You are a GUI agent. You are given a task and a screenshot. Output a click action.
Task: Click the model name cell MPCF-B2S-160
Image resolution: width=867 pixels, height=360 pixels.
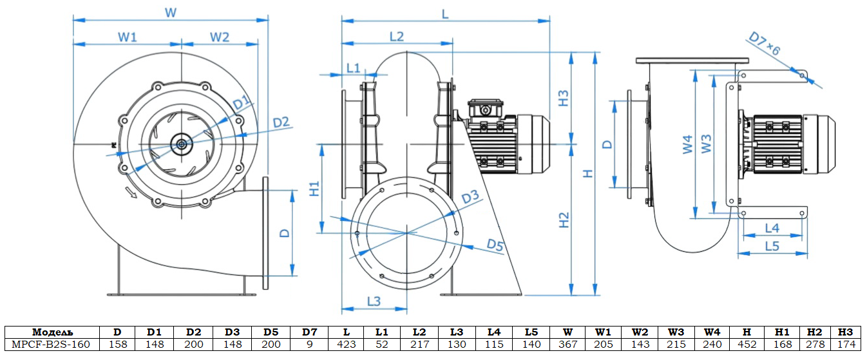[x=51, y=345]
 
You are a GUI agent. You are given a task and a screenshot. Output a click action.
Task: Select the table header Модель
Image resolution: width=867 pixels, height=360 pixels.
[x=51, y=332]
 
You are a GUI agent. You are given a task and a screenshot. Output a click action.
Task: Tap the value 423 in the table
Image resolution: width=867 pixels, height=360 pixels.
[x=347, y=345]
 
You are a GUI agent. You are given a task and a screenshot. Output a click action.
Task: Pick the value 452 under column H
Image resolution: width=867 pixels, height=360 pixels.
[x=747, y=345]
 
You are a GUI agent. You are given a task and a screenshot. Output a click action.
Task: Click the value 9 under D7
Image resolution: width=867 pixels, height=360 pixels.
[x=310, y=345]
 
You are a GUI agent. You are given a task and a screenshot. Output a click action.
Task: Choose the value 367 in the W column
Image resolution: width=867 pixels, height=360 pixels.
[x=567, y=345]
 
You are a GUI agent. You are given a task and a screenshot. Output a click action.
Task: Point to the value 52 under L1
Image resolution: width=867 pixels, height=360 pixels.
[x=382, y=345]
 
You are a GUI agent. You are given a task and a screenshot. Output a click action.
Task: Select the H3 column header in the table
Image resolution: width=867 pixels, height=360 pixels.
[x=846, y=332]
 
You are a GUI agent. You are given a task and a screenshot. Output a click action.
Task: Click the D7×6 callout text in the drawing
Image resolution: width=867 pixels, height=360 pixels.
[x=765, y=43]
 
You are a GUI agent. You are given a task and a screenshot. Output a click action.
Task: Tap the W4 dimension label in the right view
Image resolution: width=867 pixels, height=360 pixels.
[x=688, y=144]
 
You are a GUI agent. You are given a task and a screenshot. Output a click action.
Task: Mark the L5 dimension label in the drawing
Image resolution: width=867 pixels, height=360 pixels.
[x=772, y=246]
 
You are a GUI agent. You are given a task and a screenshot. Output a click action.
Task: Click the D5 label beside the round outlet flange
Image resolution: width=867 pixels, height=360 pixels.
[x=495, y=245]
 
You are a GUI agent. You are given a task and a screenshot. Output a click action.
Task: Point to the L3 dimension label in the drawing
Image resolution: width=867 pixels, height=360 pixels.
[x=374, y=301]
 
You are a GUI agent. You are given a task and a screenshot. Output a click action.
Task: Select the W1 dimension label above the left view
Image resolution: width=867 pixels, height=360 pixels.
[x=128, y=37]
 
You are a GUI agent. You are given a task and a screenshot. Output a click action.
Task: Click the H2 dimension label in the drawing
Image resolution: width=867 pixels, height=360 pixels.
[x=564, y=220]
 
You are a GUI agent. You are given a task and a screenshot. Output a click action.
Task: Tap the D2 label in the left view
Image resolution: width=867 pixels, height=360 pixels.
[x=281, y=122]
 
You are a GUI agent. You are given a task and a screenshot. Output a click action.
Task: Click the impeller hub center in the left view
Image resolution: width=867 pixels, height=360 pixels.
[x=181, y=144]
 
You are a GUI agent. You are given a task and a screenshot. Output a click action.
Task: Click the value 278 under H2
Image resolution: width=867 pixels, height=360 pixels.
[x=814, y=345]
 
